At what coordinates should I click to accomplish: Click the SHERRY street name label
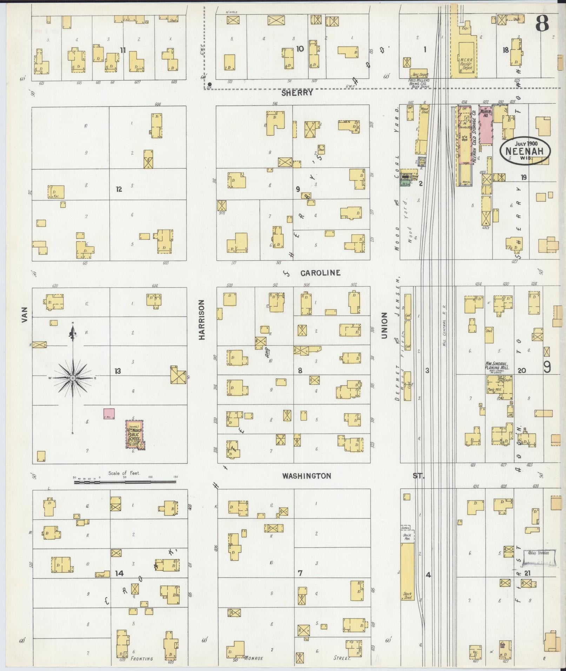tap(297, 93)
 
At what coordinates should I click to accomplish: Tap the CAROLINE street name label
tap(320, 273)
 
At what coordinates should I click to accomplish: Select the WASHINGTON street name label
tap(307, 476)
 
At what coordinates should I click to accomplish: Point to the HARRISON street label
tap(202, 319)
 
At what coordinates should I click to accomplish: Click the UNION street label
tap(384, 326)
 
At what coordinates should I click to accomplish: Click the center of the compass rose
tap(73, 378)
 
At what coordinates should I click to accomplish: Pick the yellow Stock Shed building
tap(407, 571)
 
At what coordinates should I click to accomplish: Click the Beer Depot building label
tap(418, 74)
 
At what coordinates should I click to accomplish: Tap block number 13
tap(118, 371)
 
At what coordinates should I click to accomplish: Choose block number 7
tap(300, 573)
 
